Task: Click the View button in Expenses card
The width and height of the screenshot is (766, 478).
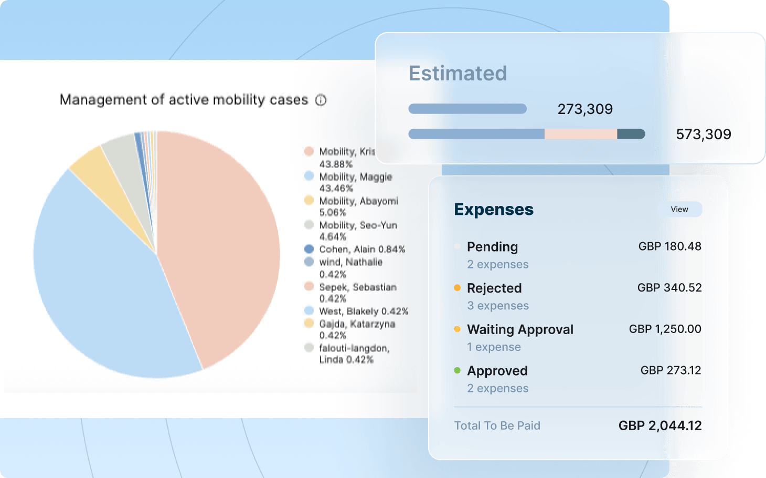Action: pos(679,210)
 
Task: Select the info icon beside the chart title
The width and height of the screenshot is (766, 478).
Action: pos(321,100)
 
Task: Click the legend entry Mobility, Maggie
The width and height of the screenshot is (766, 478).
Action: pos(355,177)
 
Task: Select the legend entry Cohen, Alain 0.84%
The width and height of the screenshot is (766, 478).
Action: pos(362,250)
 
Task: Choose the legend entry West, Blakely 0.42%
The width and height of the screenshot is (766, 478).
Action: pos(363,311)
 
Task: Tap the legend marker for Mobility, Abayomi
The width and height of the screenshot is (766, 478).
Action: pos(309,201)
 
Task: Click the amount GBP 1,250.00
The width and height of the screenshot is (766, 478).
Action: pos(665,329)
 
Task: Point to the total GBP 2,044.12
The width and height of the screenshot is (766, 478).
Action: pos(659,425)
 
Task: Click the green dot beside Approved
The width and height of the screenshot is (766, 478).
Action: pos(457,370)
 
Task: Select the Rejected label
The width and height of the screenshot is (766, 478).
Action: pos(494,288)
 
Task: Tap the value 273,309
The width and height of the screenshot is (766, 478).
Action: pos(585,109)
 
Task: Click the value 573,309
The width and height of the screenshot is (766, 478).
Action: pos(703,134)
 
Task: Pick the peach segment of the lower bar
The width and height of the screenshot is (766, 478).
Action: pos(580,134)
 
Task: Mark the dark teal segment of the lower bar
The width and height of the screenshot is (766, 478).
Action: pos(630,134)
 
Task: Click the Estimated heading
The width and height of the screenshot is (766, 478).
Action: pos(458,74)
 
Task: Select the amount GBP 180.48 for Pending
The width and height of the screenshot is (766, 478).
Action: pos(669,246)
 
